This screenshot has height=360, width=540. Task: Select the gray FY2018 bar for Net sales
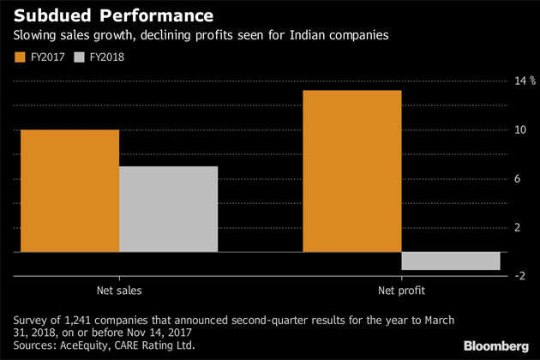168,208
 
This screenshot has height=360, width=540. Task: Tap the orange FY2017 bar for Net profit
351,171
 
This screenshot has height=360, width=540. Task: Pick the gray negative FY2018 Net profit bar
451,261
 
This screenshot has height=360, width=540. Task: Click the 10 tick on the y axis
517,129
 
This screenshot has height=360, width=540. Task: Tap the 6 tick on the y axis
517,178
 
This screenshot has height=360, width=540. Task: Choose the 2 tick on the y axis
517,227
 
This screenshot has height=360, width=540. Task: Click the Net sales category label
119,289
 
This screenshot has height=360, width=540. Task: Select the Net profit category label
401,289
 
